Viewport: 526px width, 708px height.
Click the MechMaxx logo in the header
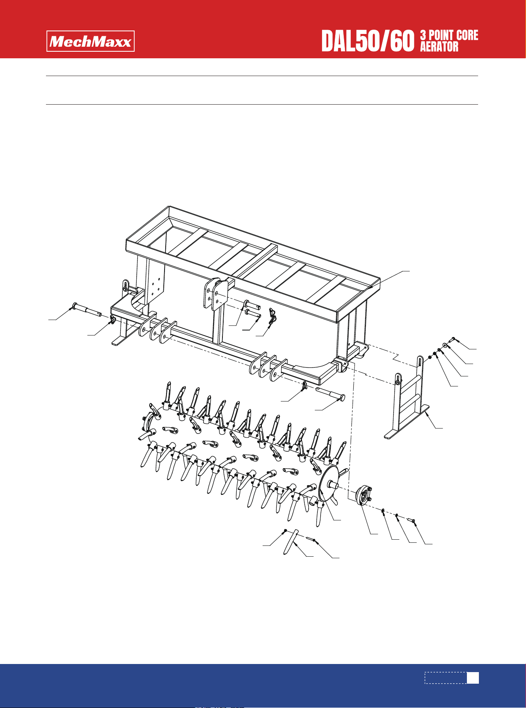91,41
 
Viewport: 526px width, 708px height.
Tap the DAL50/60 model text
368,41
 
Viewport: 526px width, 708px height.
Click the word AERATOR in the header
439,47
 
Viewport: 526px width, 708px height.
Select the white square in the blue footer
473,678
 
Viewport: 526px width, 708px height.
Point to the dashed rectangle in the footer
446,678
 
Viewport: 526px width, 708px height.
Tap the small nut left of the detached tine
285,530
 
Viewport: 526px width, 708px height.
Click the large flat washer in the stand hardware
445,345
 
